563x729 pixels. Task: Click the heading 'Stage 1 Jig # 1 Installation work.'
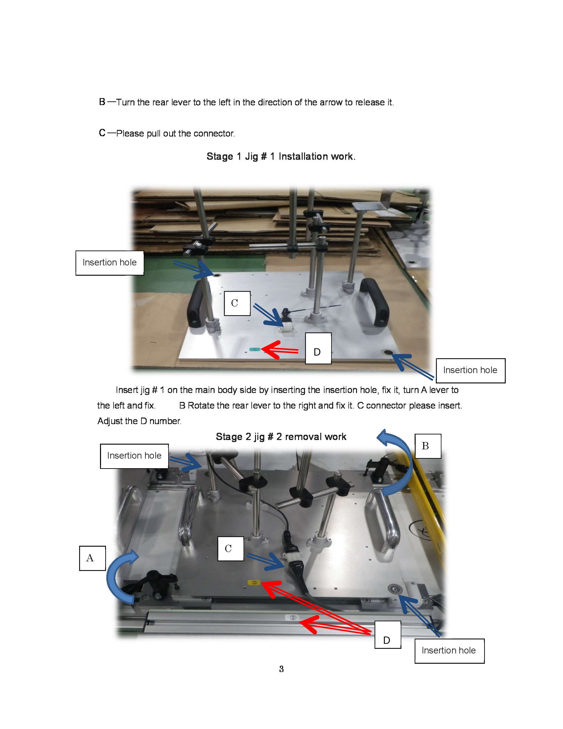(281, 156)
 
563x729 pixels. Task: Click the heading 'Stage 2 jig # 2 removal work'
(281, 437)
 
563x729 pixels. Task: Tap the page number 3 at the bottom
(281, 669)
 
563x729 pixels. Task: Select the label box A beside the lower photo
(92, 558)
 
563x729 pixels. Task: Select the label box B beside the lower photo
(428, 446)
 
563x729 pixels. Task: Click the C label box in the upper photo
(237, 303)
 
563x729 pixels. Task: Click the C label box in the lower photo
(230, 548)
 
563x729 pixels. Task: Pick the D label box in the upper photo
(318, 348)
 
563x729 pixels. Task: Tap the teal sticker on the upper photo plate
(254, 350)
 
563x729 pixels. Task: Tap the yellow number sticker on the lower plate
(254, 583)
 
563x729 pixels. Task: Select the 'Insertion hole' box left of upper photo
(109, 263)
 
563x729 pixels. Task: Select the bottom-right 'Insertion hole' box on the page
(449, 650)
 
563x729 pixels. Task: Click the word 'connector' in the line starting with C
(214, 134)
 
